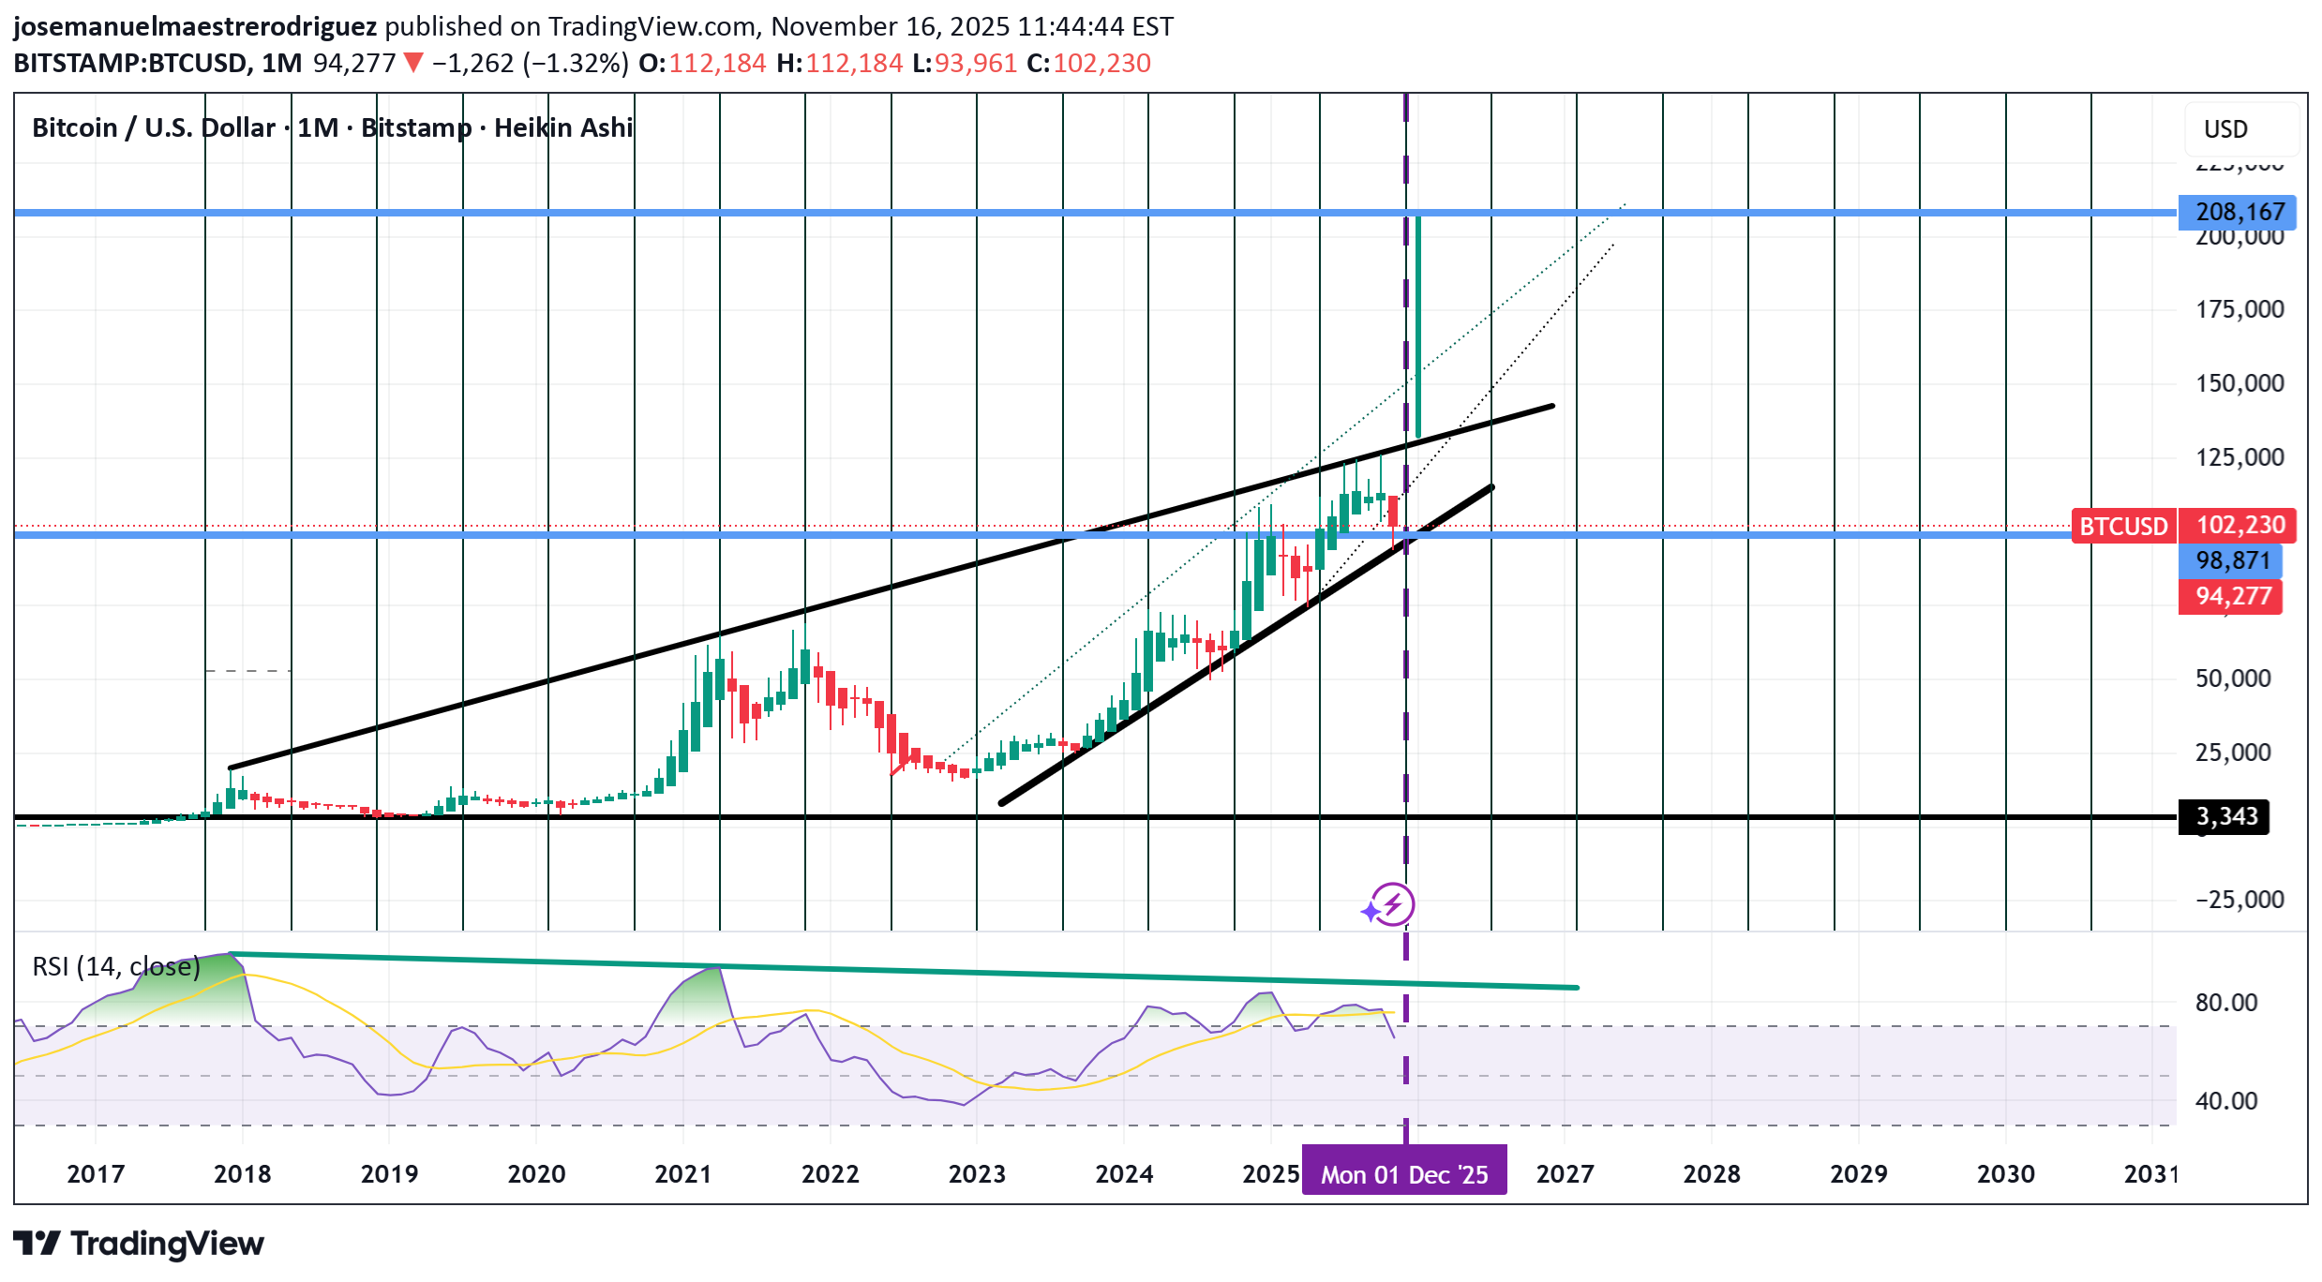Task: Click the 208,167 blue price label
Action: [2239, 212]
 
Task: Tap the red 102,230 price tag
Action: [2239, 525]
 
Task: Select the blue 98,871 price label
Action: [2232, 560]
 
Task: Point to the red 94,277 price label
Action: [2232, 596]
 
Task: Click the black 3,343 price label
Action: [2226, 816]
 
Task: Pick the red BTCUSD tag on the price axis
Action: [2123, 526]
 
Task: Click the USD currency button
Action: [2225, 129]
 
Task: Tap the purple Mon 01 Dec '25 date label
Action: [1403, 1174]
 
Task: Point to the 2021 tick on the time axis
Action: [682, 1174]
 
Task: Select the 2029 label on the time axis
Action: [1858, 1174]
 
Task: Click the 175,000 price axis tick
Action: [2240, 309]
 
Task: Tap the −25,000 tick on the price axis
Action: [2239, 900]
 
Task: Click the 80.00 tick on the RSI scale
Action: [2226, 1003]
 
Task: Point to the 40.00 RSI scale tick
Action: [2226, 1101]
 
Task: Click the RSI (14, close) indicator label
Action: [116, 966]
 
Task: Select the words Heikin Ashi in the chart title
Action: [563, 127]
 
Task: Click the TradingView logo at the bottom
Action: [139, 1244]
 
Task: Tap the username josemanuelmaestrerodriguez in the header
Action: [195, 26]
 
